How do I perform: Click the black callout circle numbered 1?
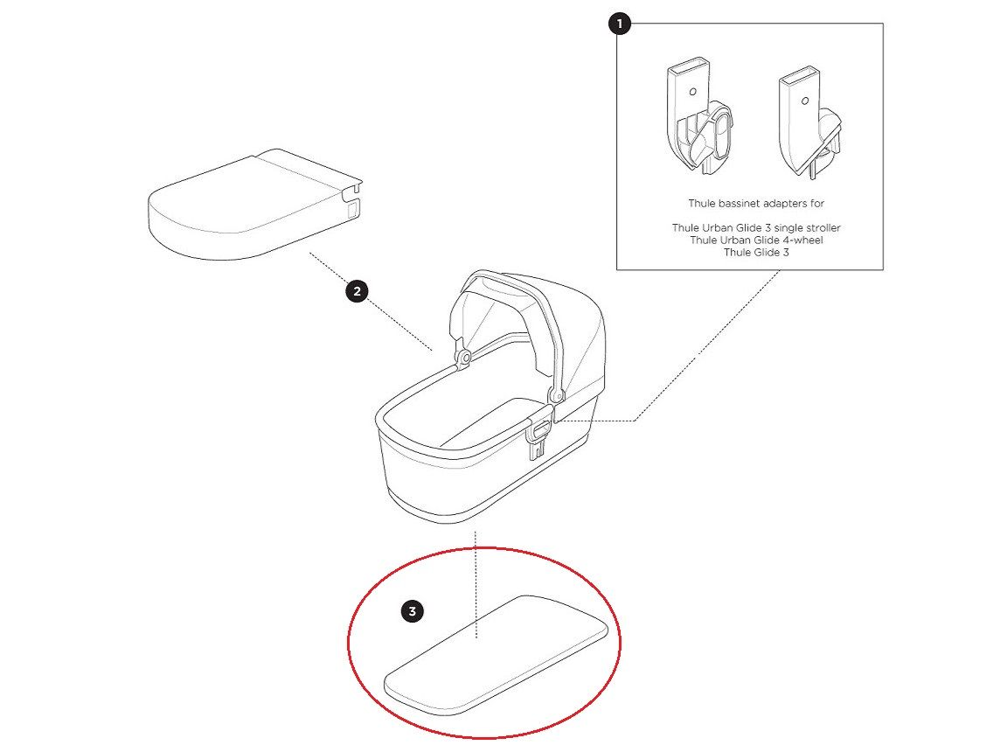point(620,24)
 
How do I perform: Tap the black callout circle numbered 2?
point(358,291)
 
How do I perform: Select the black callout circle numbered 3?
point(413,611)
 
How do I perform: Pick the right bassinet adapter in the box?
point(811,124)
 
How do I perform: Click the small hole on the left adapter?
point(693,92)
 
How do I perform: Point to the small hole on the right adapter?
point(805,101)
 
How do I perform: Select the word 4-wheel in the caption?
point(802,240)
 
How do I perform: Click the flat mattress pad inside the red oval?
point(496,653)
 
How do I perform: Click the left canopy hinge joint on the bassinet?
point(465,358)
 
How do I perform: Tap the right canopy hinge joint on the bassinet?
point(557,395)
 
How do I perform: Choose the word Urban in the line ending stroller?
point(719,227)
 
